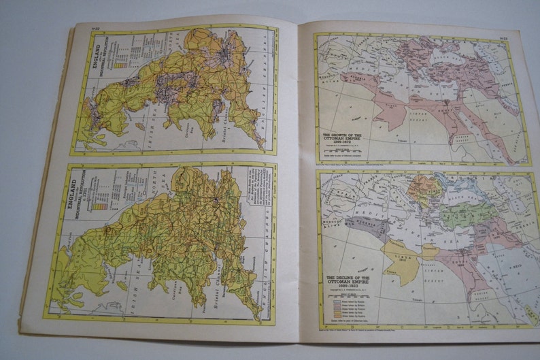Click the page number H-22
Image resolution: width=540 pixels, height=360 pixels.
(x=96, y=27)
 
